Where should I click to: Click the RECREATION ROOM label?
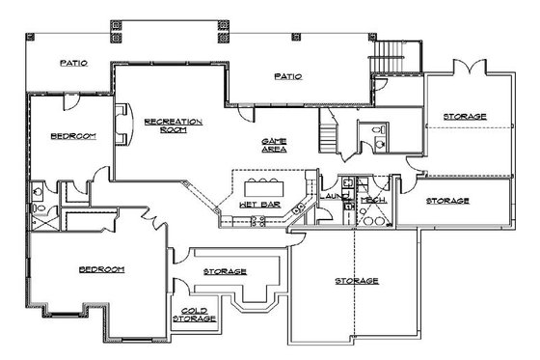[x=173, y=125]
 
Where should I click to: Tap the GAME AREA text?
[x=275, y=145]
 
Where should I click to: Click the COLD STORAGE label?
[x=194, y=314]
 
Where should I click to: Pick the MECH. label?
[x=369, y=199]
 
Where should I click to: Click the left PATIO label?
[x=73, y=63]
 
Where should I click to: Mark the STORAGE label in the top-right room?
[x=465, y=117]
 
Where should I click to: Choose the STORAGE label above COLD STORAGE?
[x=225, y=272]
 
